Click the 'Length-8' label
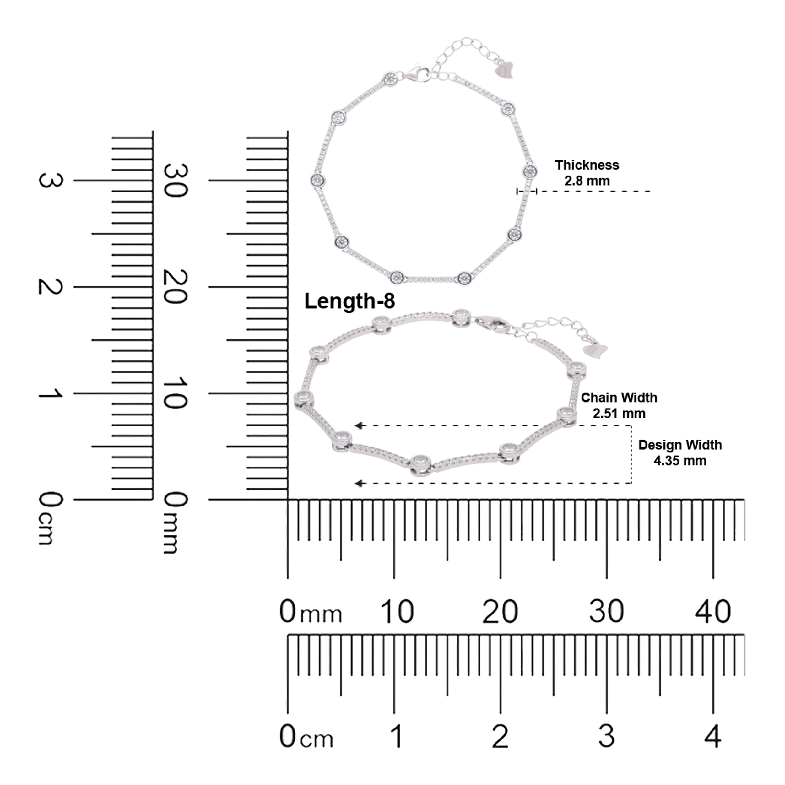pos(349,301)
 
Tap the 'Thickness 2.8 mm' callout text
pos(587,173)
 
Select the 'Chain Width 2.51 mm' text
pos(619,405)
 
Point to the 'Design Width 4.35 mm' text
pos(680,453)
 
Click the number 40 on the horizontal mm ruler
pos(713,611)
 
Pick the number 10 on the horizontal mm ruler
pos(397,611)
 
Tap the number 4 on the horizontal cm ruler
pos(713,736)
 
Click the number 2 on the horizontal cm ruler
pos(500,736)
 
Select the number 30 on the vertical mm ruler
pos(175,181)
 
